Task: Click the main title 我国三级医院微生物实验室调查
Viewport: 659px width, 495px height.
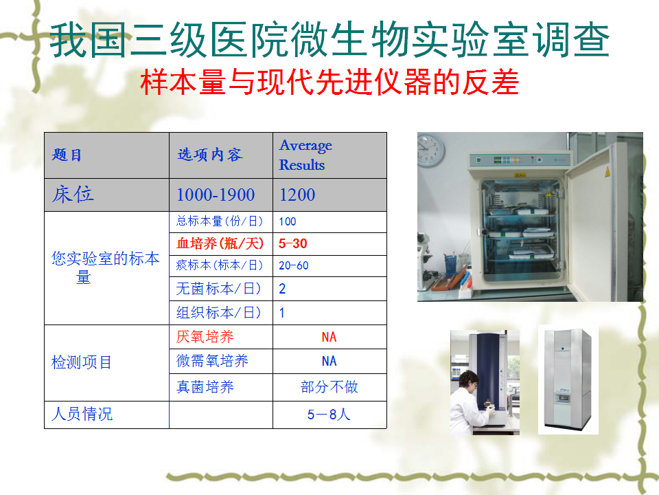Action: [330, 40]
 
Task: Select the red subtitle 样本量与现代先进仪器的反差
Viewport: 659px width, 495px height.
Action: [330, 82]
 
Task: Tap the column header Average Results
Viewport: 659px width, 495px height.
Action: [306, 155]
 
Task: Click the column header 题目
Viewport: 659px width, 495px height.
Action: [67, 155]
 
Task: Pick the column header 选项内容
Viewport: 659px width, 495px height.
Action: [210, 155]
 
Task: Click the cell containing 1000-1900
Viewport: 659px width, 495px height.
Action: [216, 195]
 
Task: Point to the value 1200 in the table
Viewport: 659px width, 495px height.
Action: [297, 195]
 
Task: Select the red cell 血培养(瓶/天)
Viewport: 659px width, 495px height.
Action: [220, 243]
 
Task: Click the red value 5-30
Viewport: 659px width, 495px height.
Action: [293, 243]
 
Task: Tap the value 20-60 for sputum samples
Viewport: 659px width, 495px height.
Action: [293, 265]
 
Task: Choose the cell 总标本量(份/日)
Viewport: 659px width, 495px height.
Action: [220, 221]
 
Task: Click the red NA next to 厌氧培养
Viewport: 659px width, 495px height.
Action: [329, 337]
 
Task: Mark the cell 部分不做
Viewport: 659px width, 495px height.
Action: [329, 387]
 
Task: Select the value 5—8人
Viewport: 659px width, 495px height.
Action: [329, 414]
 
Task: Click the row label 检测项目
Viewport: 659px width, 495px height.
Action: [82, 362]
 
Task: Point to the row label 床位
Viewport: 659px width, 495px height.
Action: [73, 195]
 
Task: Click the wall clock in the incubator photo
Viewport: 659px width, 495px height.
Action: [430, 150]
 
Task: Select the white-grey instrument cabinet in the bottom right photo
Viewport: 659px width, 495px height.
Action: [568, 380]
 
